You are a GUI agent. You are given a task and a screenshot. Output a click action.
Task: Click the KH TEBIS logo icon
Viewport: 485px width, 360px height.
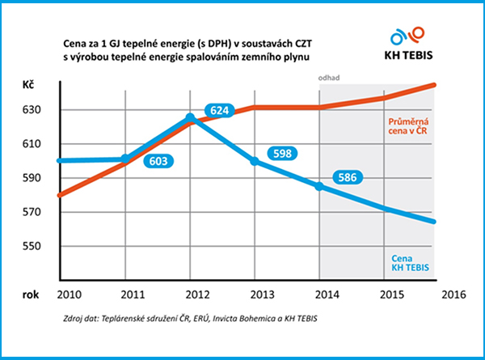tap(407, 36)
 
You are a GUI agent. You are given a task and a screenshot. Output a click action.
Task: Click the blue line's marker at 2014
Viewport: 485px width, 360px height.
tap(319, 187)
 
